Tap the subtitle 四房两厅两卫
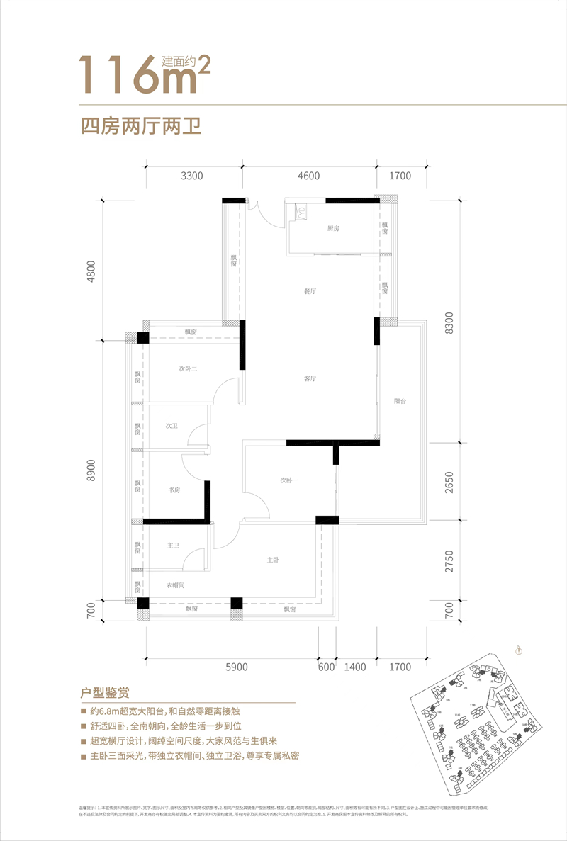click(141, 128)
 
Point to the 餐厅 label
click(310, 291)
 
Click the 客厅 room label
click(310, 379)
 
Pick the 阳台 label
click(400, 400)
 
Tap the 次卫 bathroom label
click(171, 426)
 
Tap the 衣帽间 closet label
click(176, 585)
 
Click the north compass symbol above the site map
click(519, 648)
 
